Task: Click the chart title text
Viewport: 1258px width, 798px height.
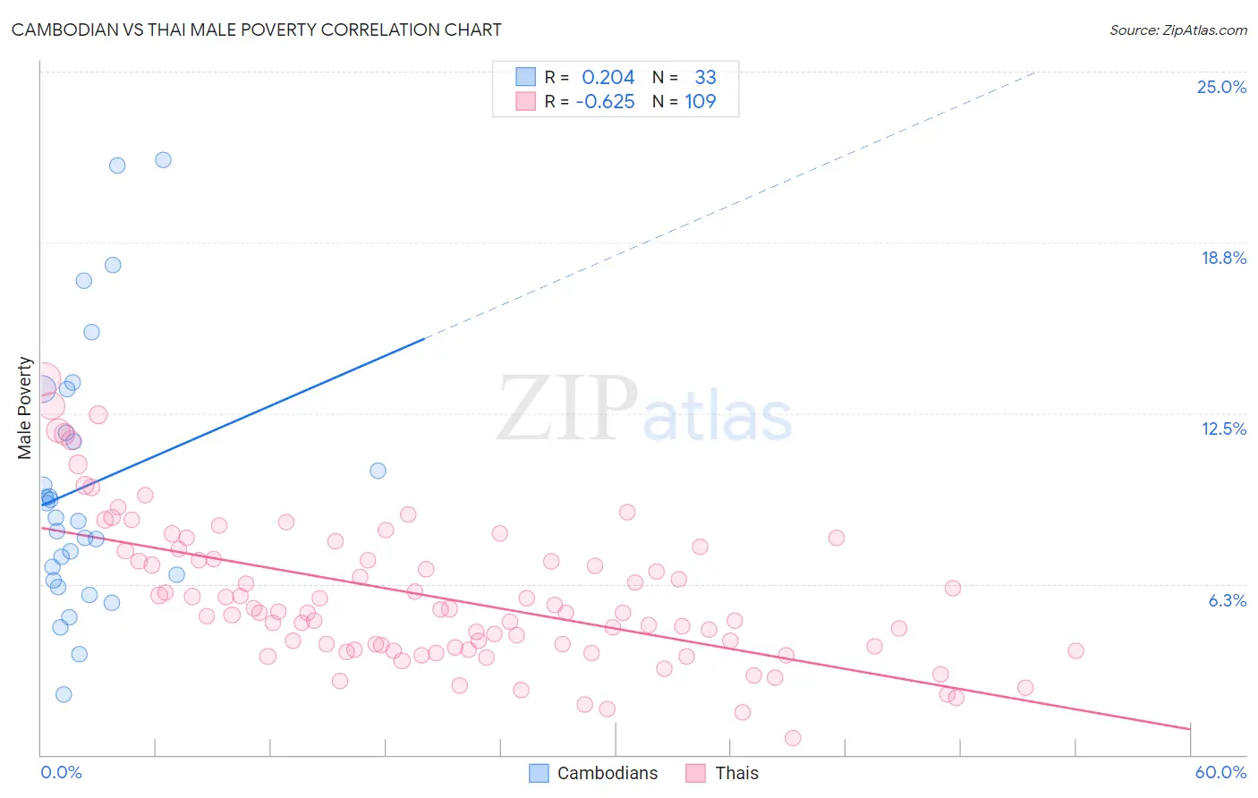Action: point(256,30)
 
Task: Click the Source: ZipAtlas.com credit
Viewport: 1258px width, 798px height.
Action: point(1177,30)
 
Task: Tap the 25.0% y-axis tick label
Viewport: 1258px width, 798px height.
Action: point(1221,87)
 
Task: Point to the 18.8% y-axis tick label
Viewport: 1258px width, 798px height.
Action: point(1223,258)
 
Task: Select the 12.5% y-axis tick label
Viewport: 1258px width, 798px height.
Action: point(1223,429)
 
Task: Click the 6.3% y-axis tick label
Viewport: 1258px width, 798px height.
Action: point(1227,600)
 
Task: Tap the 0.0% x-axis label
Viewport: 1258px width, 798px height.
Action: point(61,772)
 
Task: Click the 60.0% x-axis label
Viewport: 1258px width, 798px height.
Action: point(1220,772)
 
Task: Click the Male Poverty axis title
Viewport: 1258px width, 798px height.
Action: point(25,408)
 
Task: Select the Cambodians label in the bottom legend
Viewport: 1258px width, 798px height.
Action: point(607,773)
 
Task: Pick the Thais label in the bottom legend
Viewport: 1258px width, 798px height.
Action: point(736,773)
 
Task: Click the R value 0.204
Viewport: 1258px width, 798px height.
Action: point(608,78)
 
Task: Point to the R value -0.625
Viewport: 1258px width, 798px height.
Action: point(605,102)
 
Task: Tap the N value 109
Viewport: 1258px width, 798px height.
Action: point(700,102)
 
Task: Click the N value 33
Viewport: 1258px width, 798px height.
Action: point(705,78)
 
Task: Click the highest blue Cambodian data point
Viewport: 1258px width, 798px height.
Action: point(163,160)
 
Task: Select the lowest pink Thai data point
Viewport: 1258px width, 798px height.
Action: point(793,738)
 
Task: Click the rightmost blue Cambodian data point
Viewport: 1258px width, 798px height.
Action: point(378,471)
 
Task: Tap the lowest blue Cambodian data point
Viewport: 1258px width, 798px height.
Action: point(64,694)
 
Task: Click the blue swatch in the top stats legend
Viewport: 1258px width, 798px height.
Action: point(525,77)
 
